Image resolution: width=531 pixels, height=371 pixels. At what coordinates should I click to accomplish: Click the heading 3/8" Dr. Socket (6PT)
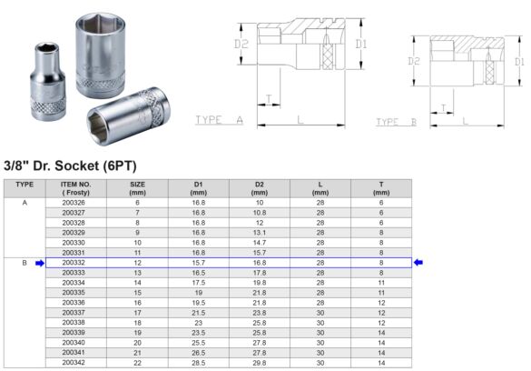pyautogui.click(x=79, y=165)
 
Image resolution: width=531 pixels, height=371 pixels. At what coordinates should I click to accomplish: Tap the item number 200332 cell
pyautogui.click(x=74, y=262)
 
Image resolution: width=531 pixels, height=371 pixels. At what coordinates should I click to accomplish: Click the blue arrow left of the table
pyautogui.click(x=39, y=263)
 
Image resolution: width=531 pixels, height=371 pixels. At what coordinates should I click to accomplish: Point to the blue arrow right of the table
pyautogui.click(x=419, y=263)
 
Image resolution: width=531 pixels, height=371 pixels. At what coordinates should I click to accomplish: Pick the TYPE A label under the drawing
pyautogui.click(x=219, y=120)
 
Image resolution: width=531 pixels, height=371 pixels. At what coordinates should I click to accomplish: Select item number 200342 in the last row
pyautogui.click(x=74, y=362)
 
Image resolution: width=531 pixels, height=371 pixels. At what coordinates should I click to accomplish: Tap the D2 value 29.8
pyautogui.click(x=259, y=362)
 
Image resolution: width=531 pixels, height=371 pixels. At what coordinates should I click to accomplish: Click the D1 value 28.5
pyautogui.click(x=198, y=362)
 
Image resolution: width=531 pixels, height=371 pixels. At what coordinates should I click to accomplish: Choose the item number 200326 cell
pyautogui.click(x=74, y=202)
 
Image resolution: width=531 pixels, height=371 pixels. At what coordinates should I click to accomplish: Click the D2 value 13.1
pyautogui.click(x=259, y=232)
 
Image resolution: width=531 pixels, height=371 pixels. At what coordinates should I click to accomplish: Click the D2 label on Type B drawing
pyautogui.click(x=414, y=61)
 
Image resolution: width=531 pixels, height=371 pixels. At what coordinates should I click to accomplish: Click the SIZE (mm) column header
pyautogui.click(x=138, y=188)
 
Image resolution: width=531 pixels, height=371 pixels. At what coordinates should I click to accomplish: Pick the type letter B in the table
pyautogui.click(x=25, y=262)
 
